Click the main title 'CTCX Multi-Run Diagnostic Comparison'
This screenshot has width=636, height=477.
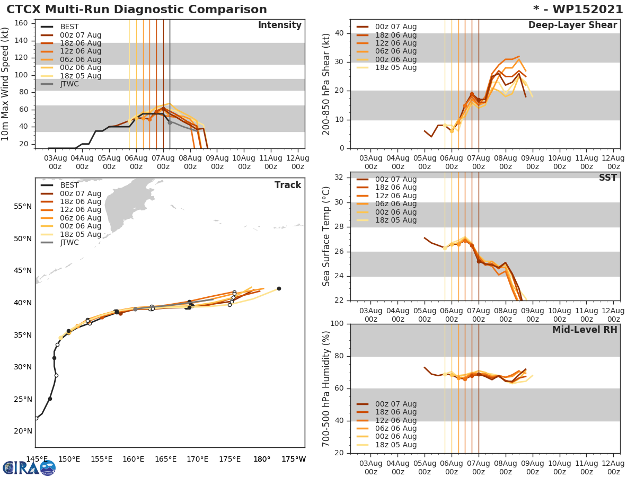(x=137, y=10)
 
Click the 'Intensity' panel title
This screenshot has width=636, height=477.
(x=280, y=25)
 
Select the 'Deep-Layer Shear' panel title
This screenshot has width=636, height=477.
(x=572, y=25)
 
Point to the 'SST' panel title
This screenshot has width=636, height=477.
(x=607, y=178)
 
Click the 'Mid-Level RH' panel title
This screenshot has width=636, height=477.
(x=585, y=330)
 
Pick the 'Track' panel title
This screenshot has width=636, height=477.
(x=288, y=185)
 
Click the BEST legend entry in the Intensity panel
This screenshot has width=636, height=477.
(x=69, y=27)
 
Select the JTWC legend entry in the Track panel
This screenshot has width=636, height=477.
(x=69, y=243)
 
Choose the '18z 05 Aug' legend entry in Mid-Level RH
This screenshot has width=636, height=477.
(x=395, y=445)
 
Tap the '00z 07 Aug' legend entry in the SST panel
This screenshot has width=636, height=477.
(x=395, y=180)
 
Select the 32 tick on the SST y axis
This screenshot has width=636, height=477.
(x=338, y=178)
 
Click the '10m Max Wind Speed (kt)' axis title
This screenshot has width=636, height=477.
(x=6, y=84)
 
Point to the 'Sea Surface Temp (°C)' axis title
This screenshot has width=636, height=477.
(x=326, y=236)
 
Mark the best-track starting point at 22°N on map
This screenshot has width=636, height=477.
(x=36, y=418)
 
